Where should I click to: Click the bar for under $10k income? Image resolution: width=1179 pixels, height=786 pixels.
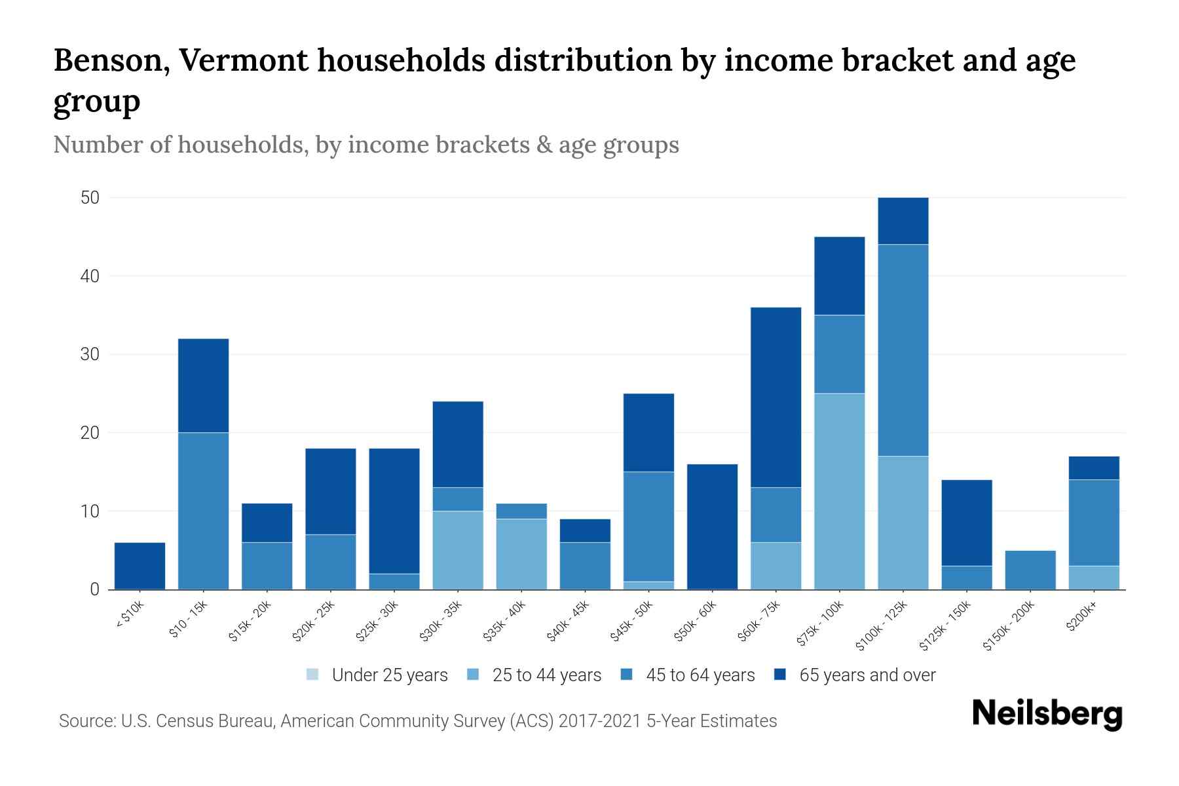140,566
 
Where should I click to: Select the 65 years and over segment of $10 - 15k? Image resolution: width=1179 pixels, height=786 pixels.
203,385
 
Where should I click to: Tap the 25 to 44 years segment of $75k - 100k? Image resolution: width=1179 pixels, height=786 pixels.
839,491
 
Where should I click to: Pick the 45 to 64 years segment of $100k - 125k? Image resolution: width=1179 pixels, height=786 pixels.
903,350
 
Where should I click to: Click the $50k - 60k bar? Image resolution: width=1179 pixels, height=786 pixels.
712,527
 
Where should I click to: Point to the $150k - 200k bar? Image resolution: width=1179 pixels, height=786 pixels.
1030,570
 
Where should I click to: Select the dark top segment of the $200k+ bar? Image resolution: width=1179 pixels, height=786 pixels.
1093,468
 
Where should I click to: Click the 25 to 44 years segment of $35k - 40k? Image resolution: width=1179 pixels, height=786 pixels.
521,554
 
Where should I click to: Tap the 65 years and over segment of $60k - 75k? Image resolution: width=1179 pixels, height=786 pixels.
776,397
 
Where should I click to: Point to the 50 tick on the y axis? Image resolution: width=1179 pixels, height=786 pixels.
90,198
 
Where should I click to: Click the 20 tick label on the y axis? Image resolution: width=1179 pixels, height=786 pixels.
90,433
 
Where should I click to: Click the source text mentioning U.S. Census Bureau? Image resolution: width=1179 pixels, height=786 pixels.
417,721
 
